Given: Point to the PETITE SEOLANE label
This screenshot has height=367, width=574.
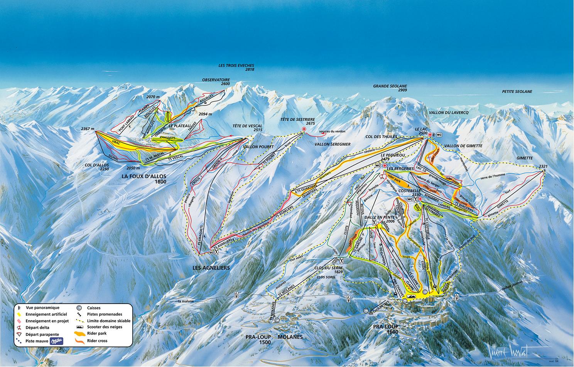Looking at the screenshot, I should coord(517,92).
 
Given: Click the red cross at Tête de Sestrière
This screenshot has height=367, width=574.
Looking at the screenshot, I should coord(304,129).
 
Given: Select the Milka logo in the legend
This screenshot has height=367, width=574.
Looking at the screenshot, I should coord(56,341).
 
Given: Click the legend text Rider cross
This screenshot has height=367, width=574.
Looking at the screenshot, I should coord(97,341).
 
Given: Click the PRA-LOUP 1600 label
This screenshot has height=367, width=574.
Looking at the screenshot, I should coord(386,329).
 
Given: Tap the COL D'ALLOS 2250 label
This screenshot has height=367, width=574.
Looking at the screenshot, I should coord(98,167).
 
